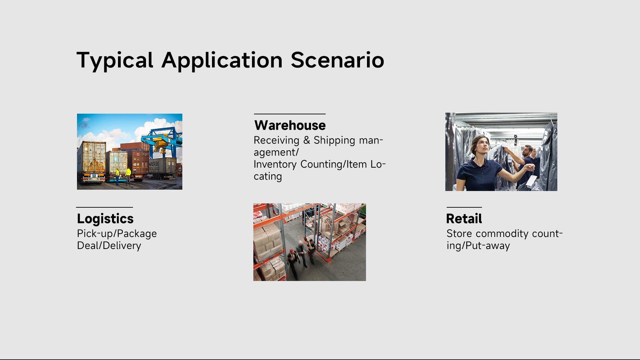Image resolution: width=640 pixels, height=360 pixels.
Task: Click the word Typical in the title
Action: tap(115, 61)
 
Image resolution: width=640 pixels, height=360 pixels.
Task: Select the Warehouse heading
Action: tap(290, 125)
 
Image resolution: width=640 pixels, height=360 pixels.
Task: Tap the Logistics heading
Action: tap(105, 219)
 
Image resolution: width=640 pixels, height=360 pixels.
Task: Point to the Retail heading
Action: tap(464, 219)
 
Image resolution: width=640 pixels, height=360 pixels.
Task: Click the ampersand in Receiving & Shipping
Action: tap(307, 140)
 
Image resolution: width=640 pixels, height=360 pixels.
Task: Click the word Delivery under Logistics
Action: tap(122, 246)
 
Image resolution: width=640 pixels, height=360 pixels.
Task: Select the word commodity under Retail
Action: tap(502, 234)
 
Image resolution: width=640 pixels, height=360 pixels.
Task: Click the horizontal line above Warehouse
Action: tap(290, 114)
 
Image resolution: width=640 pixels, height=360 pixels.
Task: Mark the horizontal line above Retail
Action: tap(464, 207)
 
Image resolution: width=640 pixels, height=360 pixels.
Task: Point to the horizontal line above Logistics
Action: tap(105, 207)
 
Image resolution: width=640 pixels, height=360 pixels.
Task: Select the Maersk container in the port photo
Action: tap(162, 167)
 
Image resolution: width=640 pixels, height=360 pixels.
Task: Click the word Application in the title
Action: tap(222, 61)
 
